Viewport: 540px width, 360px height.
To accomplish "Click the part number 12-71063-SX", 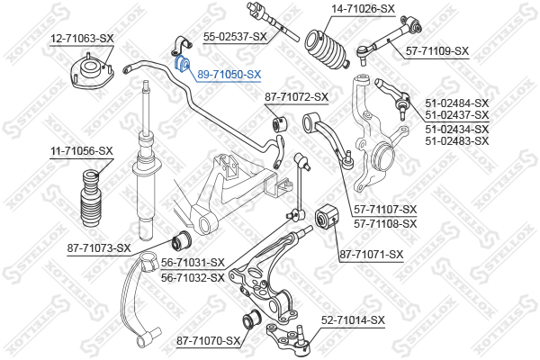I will tap(82, 38).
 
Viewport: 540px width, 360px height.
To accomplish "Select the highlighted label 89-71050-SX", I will tap(229, 75).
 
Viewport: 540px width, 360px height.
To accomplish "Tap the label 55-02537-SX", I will tap(235, 36).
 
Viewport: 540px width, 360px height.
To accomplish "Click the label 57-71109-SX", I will tap(437, 50).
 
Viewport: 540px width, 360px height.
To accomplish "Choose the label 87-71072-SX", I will tap(296, 96).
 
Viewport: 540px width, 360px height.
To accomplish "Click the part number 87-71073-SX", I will tap(99, 247).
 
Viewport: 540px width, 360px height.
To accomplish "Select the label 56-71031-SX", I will tap(193, 262).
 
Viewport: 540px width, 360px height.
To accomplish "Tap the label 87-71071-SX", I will tap(370, 255).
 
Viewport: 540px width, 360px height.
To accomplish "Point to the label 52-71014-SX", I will tap(353, 319).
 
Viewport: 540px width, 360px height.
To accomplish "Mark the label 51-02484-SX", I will tap(456, 103).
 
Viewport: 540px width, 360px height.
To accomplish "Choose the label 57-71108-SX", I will tap(386, 223).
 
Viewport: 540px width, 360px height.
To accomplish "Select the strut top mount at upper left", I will tap(91, 70).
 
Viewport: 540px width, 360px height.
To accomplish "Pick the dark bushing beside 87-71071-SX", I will tap(327, 218).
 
